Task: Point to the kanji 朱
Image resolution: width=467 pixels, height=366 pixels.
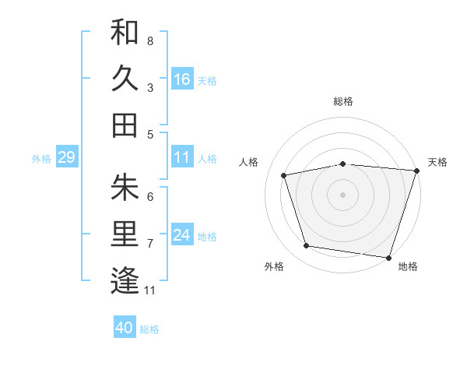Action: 125,187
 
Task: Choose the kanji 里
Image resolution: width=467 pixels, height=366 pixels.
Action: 125,234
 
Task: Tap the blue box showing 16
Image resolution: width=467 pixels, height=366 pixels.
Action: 182,79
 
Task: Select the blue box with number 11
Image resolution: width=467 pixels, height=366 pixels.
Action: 182,157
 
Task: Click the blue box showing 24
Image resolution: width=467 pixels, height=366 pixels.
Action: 182,235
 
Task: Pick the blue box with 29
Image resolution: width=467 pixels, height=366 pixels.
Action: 66,157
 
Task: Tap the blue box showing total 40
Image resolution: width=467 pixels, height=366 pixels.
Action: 125,328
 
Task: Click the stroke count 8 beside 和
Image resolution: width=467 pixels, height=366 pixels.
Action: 149,40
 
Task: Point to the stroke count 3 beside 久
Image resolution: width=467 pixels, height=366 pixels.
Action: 149,87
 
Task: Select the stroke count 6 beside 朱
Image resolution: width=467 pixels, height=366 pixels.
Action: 149,196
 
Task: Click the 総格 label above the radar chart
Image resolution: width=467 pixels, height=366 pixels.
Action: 343,101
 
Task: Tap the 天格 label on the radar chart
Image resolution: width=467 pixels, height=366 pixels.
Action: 437,162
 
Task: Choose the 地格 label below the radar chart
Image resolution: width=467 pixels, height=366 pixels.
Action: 407,266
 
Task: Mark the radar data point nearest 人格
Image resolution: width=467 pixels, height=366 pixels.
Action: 284,175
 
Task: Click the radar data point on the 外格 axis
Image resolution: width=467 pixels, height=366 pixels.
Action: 307,246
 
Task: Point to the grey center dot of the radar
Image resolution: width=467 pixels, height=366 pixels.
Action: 343,194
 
